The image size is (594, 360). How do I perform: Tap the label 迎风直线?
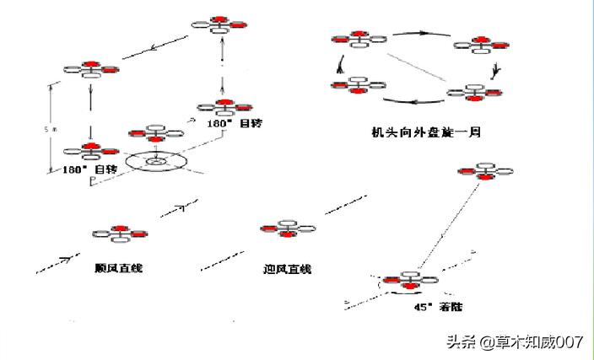coord(287,269)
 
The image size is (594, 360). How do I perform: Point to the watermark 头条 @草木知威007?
coord(515,341)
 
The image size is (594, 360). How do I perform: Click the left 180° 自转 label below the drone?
coord(93,169)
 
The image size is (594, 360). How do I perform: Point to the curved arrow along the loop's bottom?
coord(413,103)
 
